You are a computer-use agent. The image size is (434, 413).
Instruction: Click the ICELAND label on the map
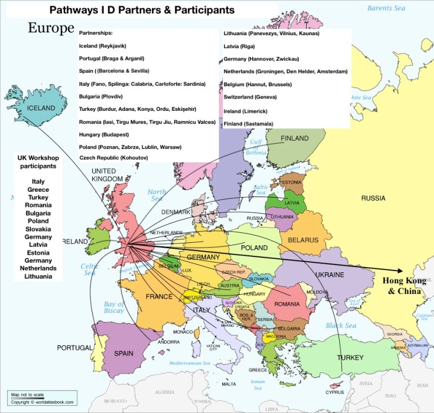[x=40, y=108]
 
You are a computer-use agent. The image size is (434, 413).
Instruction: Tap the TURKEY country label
[x=350, y=357]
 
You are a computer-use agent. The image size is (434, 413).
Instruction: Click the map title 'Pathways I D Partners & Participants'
[x=141, y=10]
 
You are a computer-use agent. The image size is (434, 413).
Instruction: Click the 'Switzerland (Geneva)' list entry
[x=254, y=97]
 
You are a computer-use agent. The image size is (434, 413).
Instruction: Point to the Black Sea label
[x=341, y=326]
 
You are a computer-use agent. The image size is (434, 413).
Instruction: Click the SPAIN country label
[x=124, y=354]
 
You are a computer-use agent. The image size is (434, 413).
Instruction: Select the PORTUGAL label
[x=74, y=348]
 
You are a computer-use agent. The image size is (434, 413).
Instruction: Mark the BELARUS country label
[x=303, y=240]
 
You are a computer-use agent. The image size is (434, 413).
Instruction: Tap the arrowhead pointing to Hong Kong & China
[x=401, y=270]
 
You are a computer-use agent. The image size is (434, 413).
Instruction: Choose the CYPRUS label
[x=335, y=392]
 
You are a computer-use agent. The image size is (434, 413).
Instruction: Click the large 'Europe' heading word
[x=51, y=28]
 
